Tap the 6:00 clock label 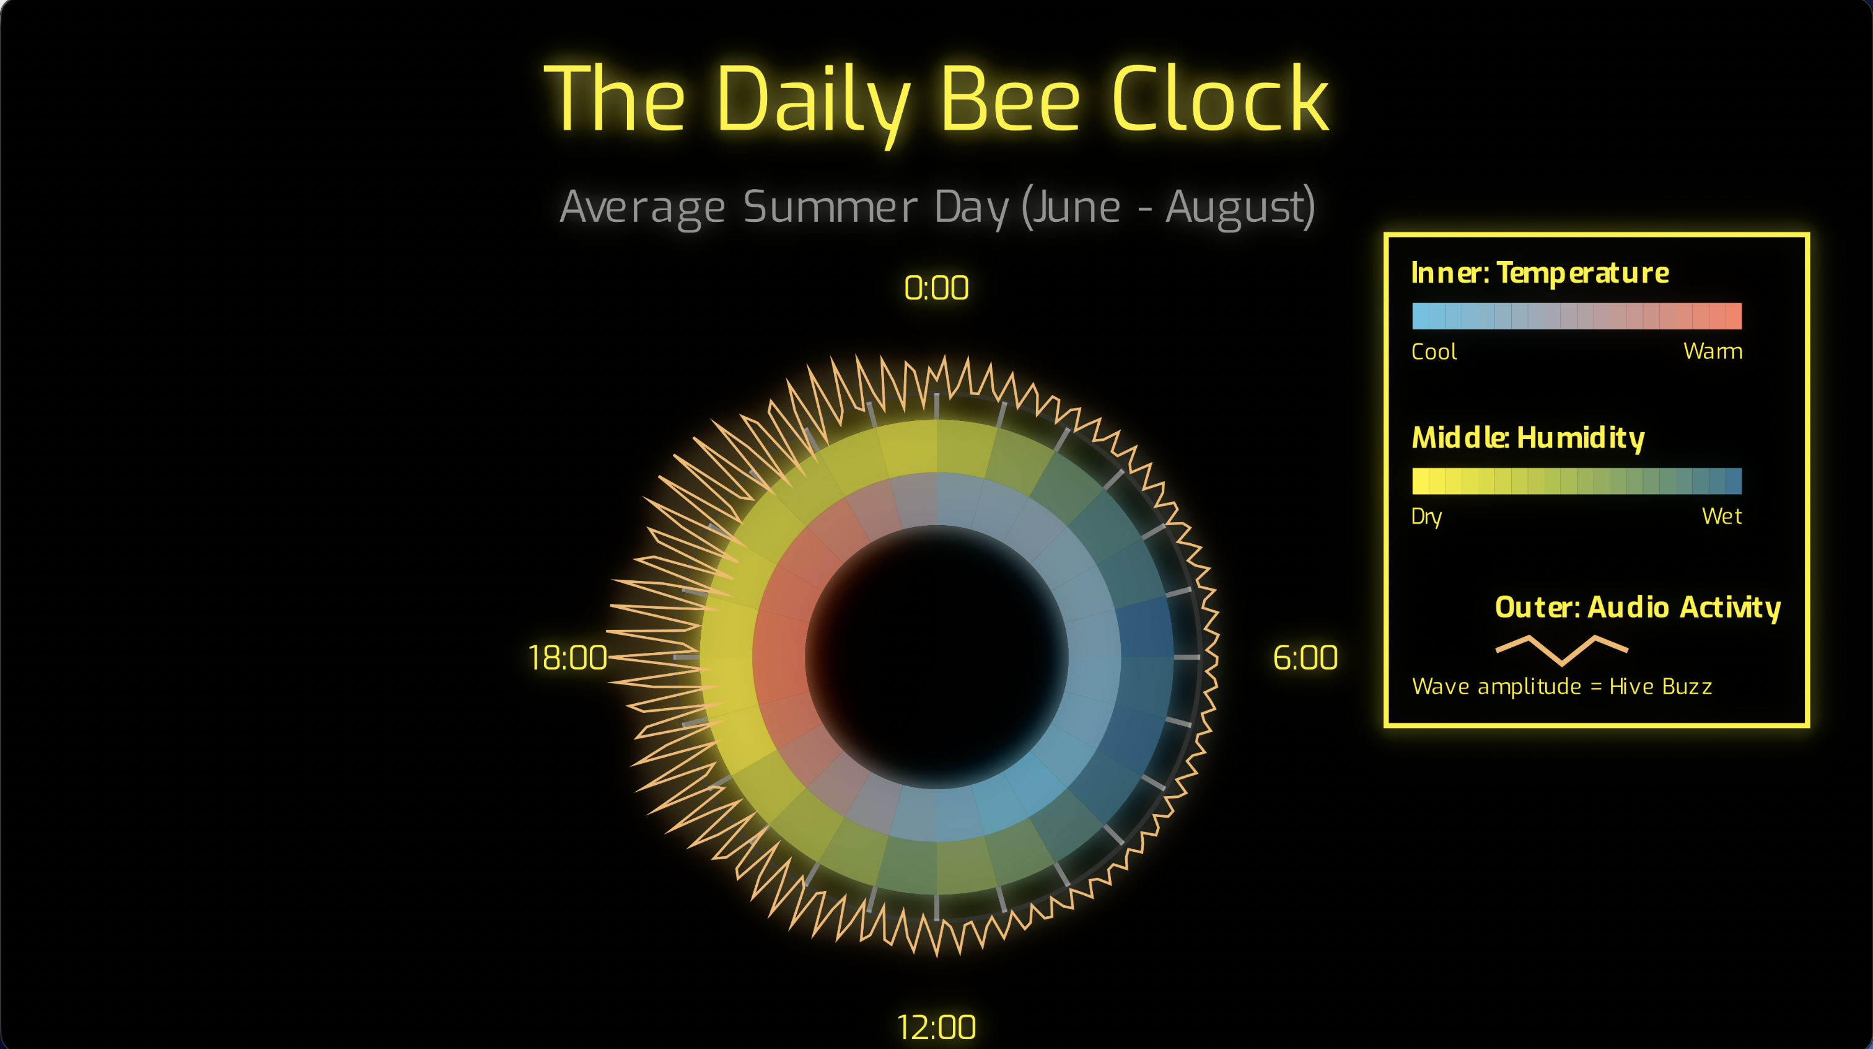tap(1304, 658)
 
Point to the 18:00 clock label tap(567, 658)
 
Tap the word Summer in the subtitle tap(830, 206)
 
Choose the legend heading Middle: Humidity tap(1528, 438)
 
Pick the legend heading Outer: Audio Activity tap(1638, 608)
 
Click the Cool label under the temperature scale tap(1433, 352)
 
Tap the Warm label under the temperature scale tap(1713, 352)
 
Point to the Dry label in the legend tap(1426, 516)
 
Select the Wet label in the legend tap(1721, 516)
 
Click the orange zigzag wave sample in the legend tap(1561, 649)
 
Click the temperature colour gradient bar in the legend tap(1576, 316)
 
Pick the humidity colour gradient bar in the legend tap(1576, 481)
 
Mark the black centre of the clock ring tap(937, 657)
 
